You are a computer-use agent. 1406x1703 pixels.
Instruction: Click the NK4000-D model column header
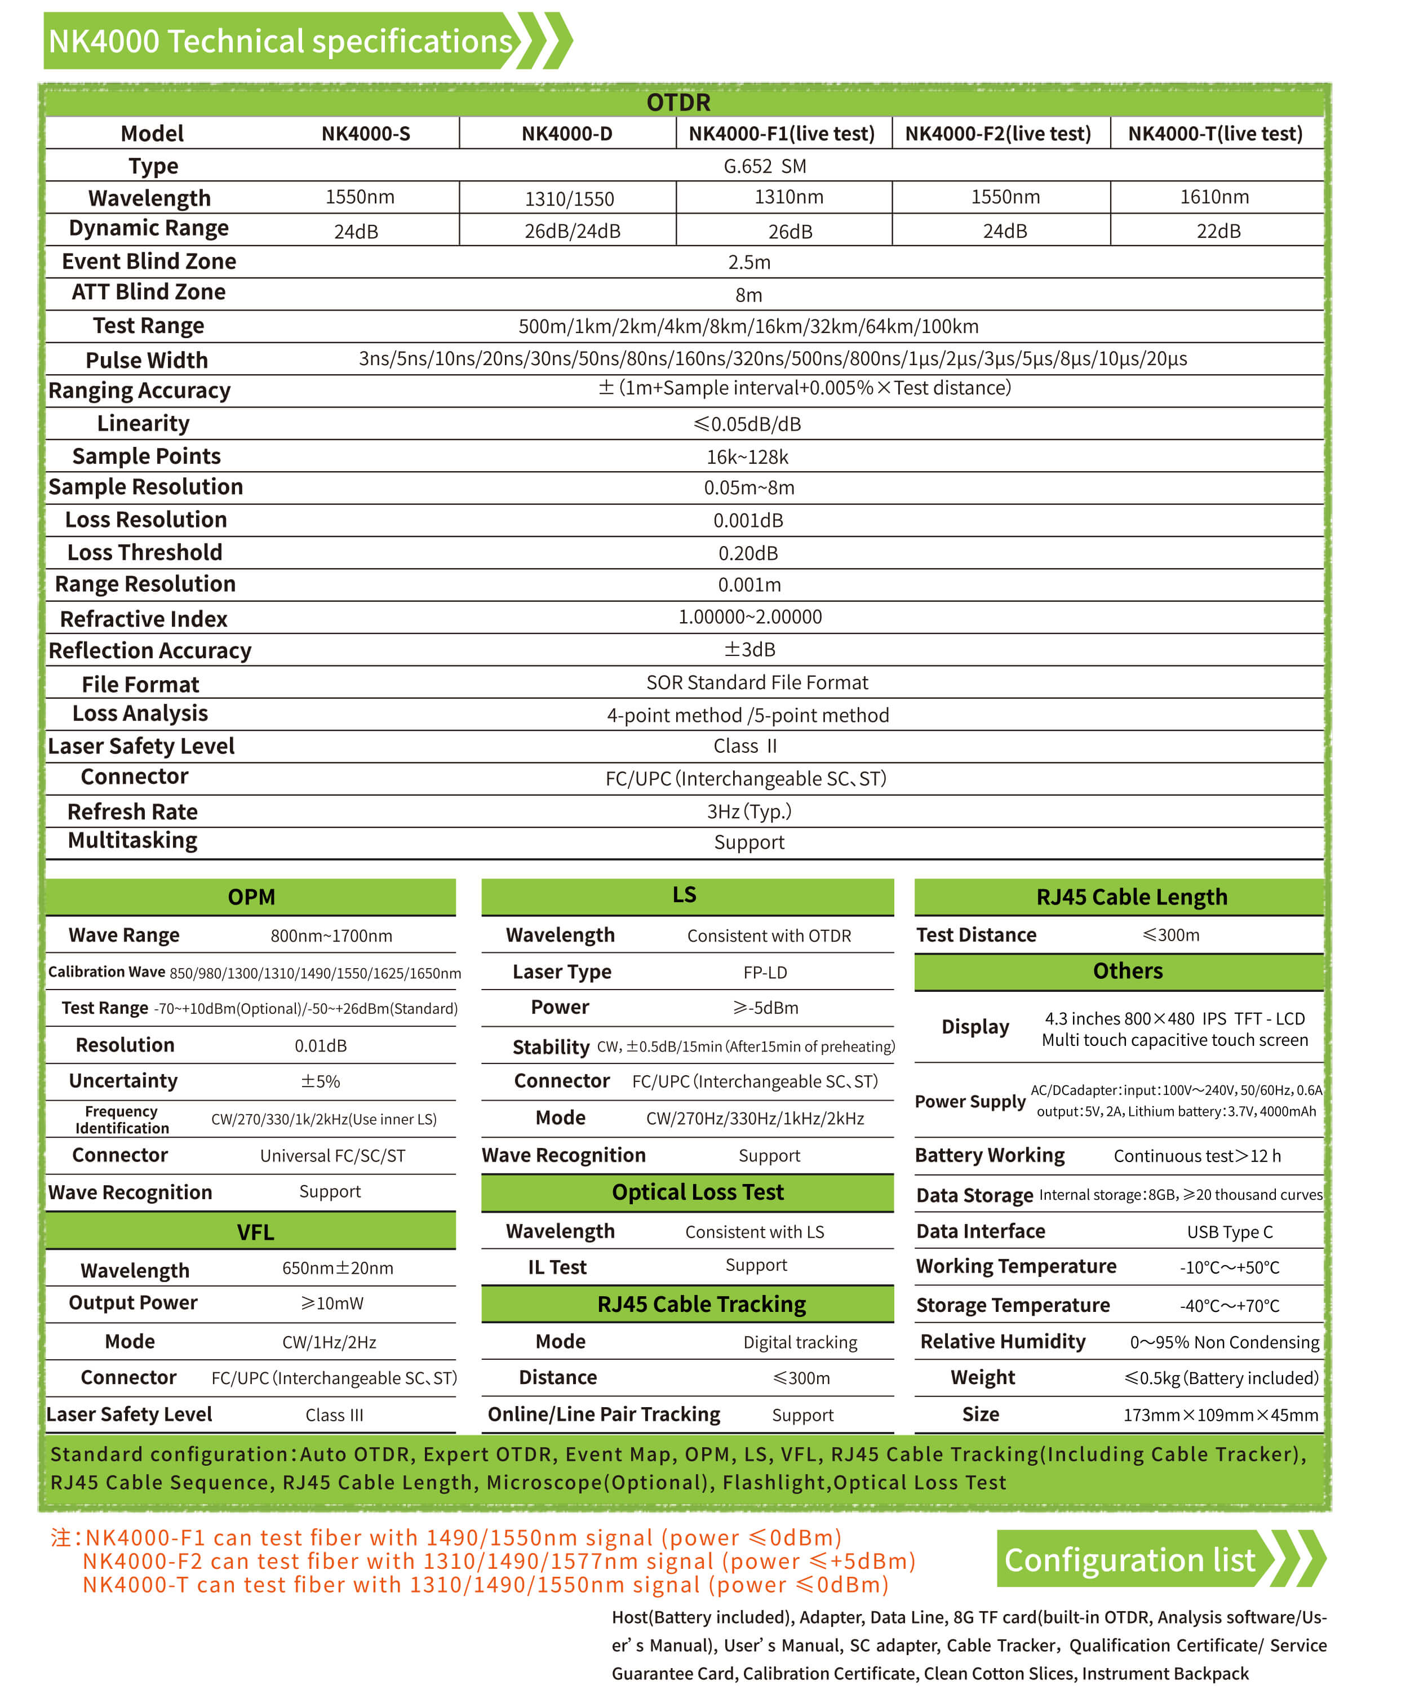point(566,134)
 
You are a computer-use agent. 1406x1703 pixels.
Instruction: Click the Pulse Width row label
point(147,360)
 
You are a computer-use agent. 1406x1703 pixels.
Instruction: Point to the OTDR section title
point(678,103)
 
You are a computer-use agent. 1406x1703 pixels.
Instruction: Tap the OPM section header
point(251,897)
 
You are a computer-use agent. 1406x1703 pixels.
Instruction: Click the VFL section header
point(255,1232)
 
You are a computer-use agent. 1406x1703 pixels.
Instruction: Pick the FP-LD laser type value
point(765,972)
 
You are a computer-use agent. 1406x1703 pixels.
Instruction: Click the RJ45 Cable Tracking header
point(702,1304)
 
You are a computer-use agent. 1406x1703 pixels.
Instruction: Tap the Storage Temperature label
point(1013,1305)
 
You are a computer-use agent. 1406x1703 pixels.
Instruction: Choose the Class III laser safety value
point(334,1414)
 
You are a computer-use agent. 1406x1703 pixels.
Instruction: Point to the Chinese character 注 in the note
point(61,1537)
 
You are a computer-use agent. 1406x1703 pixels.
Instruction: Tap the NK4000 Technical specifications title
point(280,41)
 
